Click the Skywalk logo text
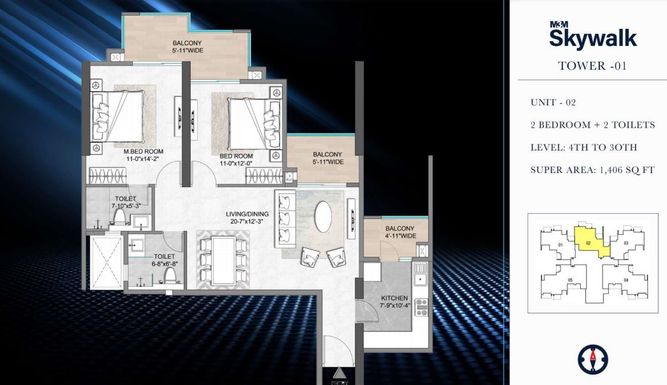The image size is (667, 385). (x=593, y=38)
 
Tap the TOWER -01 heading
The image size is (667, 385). (x=592, y=65)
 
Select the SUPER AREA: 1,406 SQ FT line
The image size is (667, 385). (x=592, y=170)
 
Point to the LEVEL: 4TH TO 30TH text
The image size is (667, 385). (x=583, y=147)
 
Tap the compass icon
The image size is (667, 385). (x=592, y=360)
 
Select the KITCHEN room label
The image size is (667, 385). (x=394, y=301)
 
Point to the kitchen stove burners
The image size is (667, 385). (x=421, y=308)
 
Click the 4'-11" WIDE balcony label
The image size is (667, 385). (x=400, y=232)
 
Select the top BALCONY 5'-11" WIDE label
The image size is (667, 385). (x=187, y=47)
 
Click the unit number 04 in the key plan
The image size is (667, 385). (x=626, y=280)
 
